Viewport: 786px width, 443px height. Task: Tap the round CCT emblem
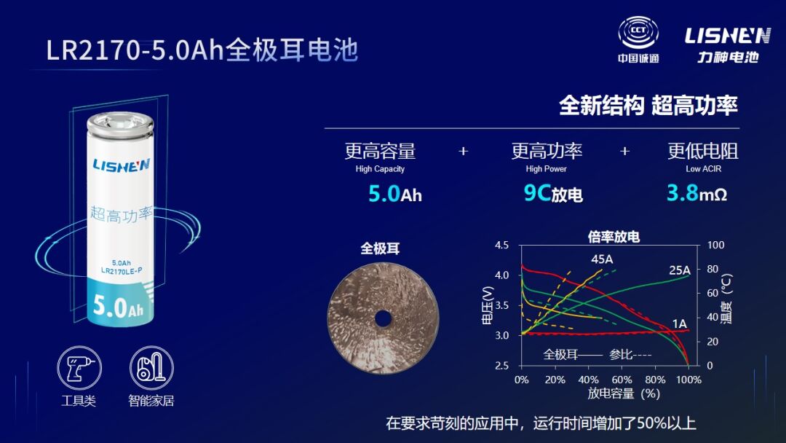click(638, 32)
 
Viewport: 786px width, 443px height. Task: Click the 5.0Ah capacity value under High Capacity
click(395, 194)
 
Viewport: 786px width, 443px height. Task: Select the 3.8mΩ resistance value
click(696, 192)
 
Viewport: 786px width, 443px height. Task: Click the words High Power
click(546, 169)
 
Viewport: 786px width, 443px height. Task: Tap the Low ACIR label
click(703, 169)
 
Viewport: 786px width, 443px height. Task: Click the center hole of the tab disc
click(383, 318)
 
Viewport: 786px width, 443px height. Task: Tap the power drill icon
click(79, 368)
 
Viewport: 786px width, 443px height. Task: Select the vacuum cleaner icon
click(151, 368)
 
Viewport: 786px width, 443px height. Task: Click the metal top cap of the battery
click(120, 125)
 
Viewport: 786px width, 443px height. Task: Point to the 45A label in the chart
click(602, 259)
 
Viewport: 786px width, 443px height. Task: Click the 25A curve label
click(680, 270)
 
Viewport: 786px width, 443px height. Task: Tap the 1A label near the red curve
click(679, 324)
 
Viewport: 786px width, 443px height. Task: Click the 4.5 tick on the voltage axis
click(501, 246)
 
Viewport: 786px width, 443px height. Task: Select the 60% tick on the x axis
click(622, 380)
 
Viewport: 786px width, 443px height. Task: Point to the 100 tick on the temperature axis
click(715, 245)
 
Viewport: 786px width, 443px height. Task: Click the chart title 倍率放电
click(614, 236)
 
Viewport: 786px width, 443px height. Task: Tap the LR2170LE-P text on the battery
click(122, 271)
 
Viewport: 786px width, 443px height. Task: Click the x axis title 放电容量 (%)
click(623, 393)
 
